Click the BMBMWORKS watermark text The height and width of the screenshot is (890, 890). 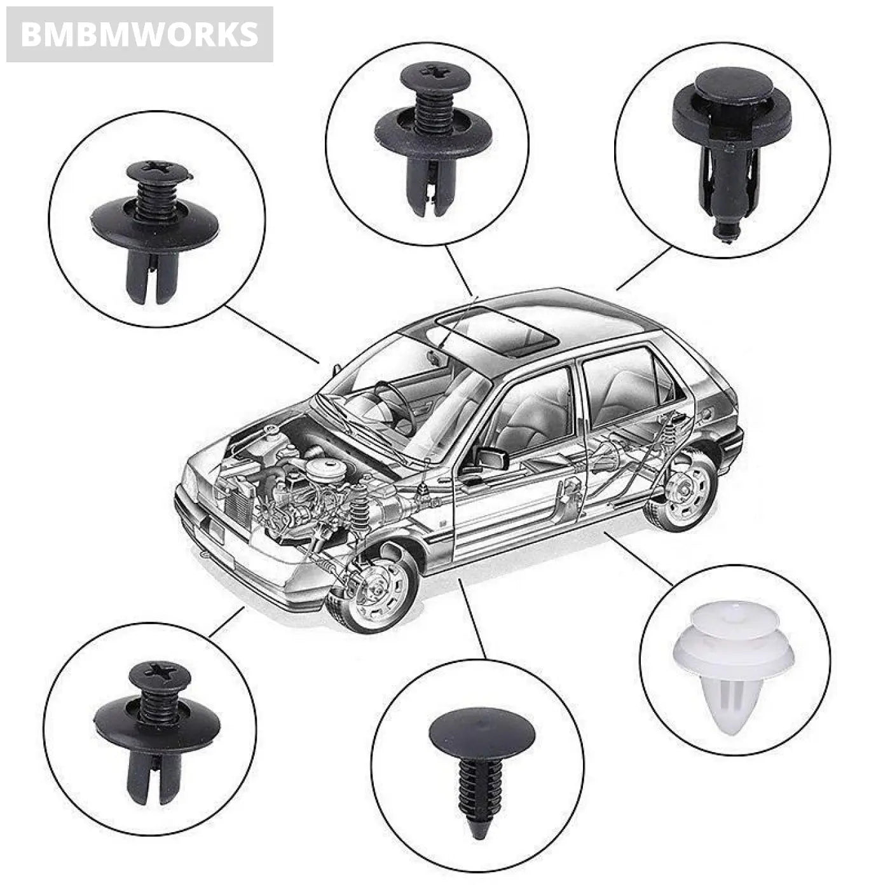click(139, 34)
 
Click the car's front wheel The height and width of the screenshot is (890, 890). click(375, 588)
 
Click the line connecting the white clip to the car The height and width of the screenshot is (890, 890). click(638, 559)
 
